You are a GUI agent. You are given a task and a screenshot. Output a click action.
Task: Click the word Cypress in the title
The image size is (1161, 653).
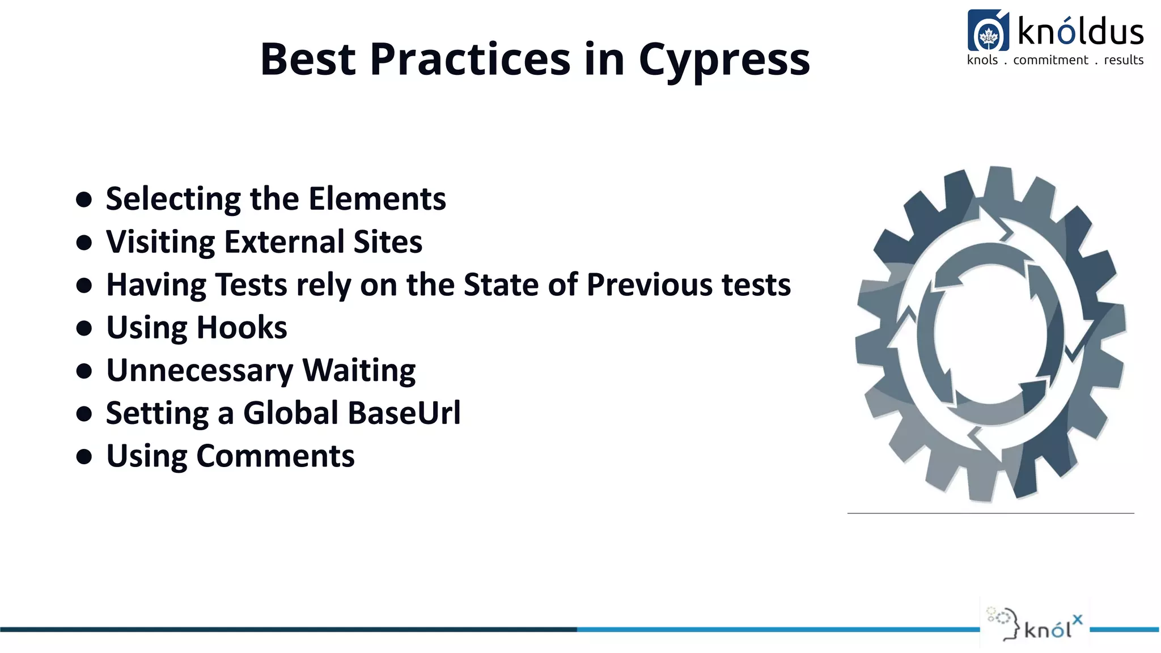[x=724, y=60]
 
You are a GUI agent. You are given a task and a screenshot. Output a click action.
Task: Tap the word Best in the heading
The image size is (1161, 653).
[x=308, y=59]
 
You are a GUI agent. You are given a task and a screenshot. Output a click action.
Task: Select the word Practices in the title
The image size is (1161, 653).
[x=470, y=59]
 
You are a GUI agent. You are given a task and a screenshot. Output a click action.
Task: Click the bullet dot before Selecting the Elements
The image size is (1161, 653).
[x=84, y=200]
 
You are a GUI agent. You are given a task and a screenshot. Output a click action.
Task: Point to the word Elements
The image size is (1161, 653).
[x=377, y=199]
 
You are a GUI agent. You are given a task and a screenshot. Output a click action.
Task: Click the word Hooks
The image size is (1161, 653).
[x=242, y=328]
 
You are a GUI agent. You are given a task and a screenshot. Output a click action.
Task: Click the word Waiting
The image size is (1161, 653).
[x=359, y=371]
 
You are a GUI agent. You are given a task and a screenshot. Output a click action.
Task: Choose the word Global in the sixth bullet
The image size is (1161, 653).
[x=291, y=413]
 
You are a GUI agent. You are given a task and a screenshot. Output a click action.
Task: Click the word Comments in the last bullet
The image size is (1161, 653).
[x=276, y=456]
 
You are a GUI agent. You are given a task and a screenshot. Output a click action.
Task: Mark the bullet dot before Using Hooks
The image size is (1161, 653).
[x=84, y=328]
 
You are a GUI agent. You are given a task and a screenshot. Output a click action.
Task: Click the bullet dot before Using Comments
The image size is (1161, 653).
[x=84, y=457]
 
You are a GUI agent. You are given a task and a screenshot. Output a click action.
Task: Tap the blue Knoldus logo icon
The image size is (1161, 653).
[x=988, y=31]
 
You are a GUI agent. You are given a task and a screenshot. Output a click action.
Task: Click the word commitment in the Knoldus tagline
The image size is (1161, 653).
[x=1050, y=60]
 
